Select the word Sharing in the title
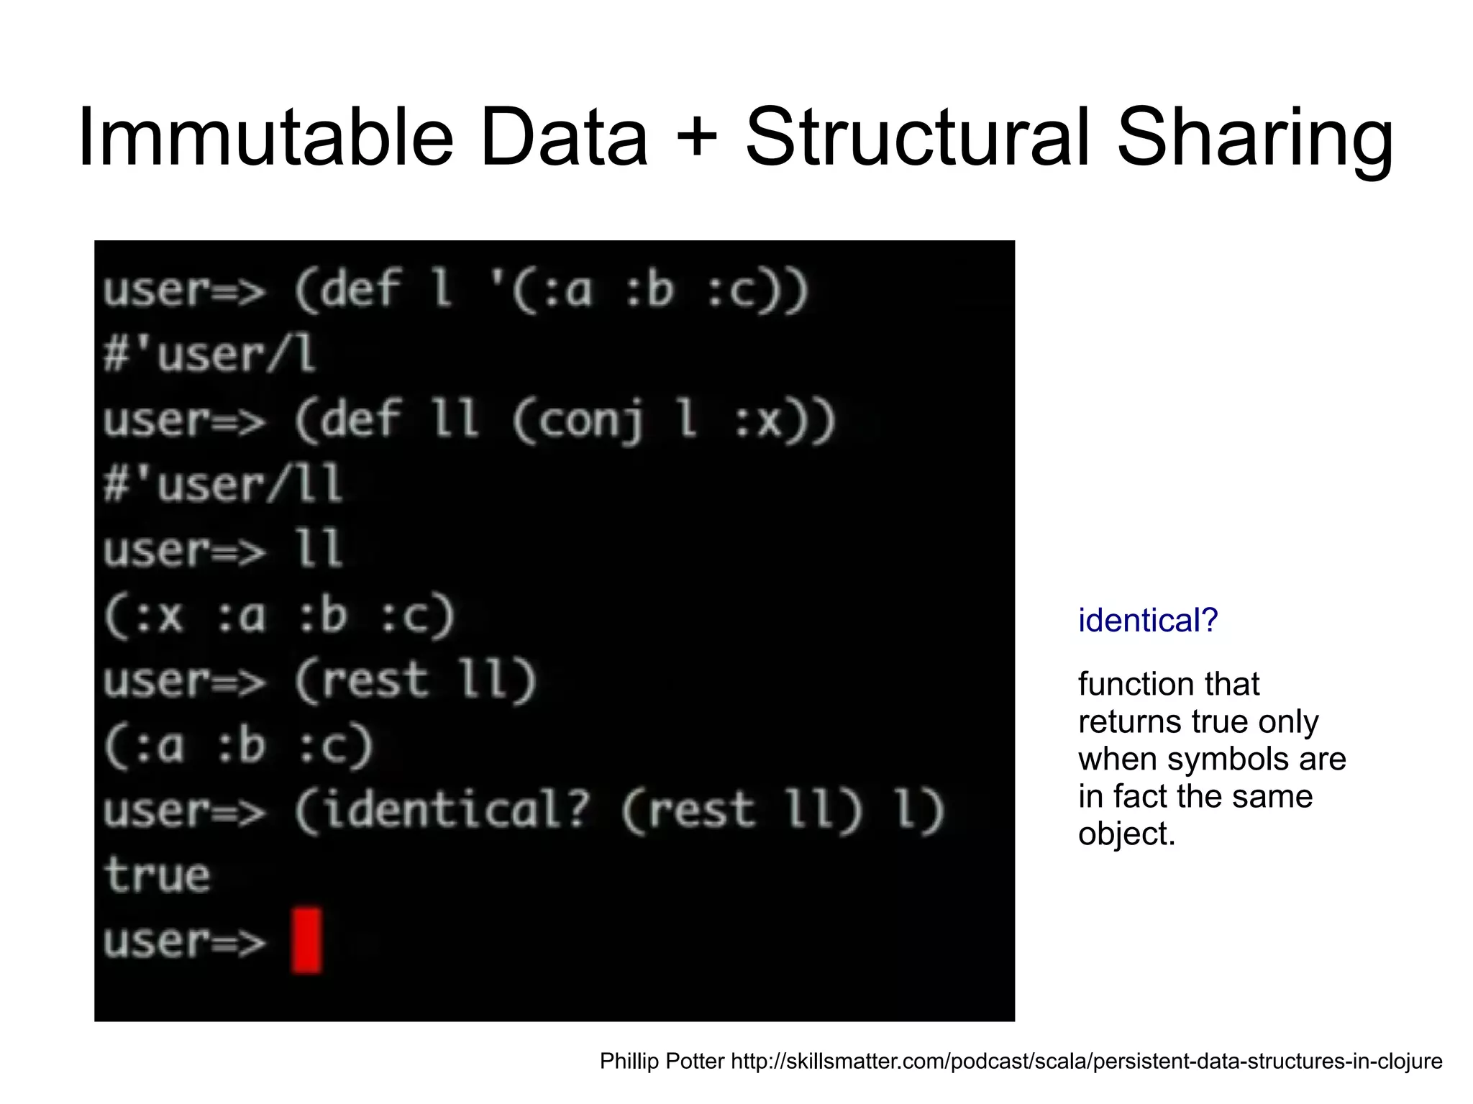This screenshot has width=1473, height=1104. [x=1255, y=138]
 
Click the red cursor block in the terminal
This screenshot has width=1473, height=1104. [x=306, y=941]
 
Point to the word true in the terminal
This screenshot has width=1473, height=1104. [x=157, y=875]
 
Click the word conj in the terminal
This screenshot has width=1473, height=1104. [x=590, y=421]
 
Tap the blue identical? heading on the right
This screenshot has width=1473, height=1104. [x=1148, y=620]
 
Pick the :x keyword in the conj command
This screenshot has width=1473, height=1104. [x=759, y=421]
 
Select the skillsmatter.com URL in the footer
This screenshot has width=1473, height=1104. [x=1086, y=1061]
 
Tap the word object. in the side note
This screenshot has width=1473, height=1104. [x=1126, y=834]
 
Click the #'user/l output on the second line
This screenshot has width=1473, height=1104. [x=209, y=355]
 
